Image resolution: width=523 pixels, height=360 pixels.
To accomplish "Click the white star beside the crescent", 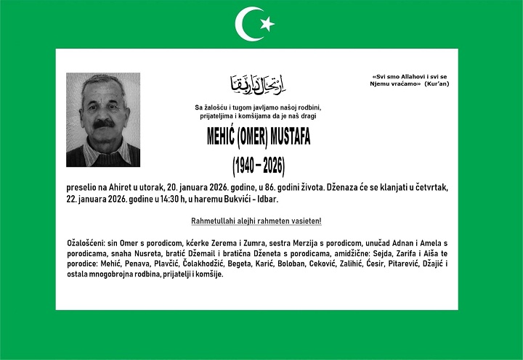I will tap(267, 24).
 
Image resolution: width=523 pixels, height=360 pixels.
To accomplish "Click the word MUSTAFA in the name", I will tap(291, 138).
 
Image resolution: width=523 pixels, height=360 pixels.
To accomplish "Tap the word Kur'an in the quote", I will tap(437, 84).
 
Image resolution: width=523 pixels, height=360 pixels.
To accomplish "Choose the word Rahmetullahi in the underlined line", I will tap(214, 221).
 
